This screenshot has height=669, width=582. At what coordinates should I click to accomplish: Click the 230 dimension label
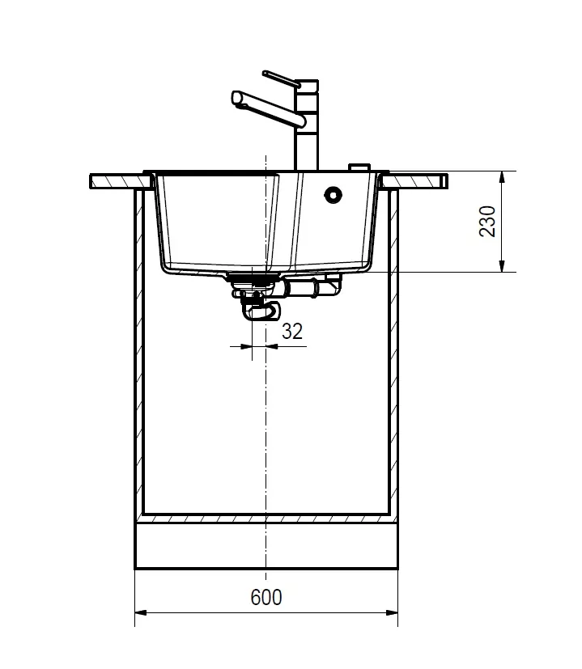487,221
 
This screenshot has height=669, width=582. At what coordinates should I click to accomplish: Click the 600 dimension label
266,597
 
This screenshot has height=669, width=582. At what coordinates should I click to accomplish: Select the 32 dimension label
292,331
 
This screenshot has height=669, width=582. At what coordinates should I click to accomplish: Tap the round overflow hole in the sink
333,195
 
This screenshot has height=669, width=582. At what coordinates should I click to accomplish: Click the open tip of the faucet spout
236,98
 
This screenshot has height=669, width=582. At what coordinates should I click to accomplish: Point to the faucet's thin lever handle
282,78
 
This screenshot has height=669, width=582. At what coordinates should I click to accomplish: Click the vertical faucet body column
307,125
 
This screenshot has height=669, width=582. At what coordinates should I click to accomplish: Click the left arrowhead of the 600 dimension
141,612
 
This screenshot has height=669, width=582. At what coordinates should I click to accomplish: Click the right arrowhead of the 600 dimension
392,612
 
